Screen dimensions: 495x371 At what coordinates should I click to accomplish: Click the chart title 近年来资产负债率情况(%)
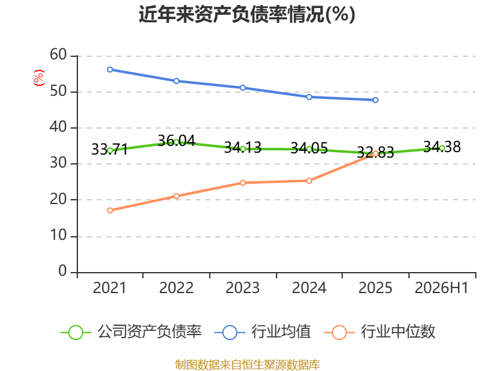pos(247,14)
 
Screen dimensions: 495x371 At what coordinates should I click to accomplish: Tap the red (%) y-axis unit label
pos(38,78)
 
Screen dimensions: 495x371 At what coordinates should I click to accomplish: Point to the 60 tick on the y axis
pos(58,55)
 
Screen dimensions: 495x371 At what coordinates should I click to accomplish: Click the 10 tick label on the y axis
pos(58,236)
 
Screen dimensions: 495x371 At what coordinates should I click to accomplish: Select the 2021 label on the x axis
pos(110,288)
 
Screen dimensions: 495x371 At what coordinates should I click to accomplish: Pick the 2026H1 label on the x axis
pos(442,288)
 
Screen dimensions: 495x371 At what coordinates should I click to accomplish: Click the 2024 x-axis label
pos(309,288)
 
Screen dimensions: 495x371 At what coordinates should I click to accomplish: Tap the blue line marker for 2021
pos(110,69)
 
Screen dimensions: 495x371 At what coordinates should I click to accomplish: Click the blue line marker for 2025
pos(376,100)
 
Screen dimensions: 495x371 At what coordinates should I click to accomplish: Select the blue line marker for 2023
pos(243,88)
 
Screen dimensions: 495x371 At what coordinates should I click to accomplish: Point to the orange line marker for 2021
pos(110,210)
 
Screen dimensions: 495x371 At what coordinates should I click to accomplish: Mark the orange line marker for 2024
pos(309,181)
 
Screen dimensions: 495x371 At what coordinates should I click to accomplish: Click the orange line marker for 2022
pos(176,196)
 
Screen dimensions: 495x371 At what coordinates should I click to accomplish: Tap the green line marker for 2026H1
pos(442,148)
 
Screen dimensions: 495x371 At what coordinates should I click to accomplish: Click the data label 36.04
pos(176,140)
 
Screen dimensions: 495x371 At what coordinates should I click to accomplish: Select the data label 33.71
pos(110,149)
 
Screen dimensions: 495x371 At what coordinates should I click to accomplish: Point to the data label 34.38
pos(442,147)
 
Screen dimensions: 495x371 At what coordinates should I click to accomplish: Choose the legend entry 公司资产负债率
pos(131,332)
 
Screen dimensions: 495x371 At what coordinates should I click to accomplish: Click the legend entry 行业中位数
pos(380,332)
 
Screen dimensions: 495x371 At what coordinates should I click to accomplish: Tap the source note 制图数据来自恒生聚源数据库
pos(247,364)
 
